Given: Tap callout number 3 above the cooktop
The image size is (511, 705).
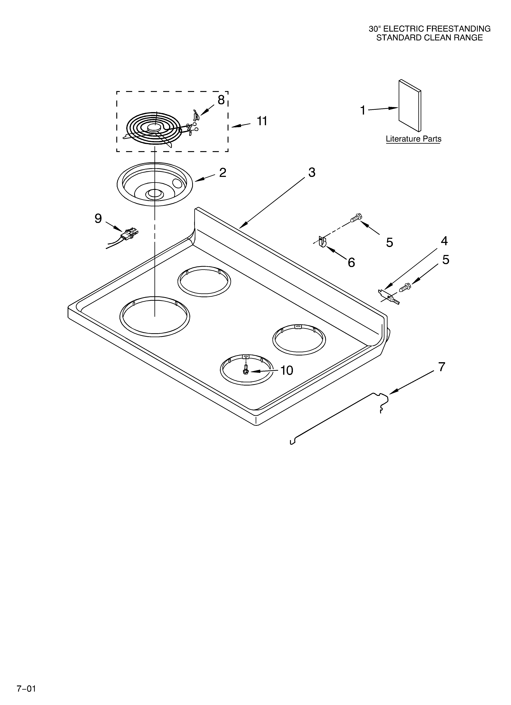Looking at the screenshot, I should coord(312,172).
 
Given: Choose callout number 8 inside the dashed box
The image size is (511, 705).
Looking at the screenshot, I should coord(221,100).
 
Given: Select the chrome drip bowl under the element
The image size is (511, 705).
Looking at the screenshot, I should coord(155,184).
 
